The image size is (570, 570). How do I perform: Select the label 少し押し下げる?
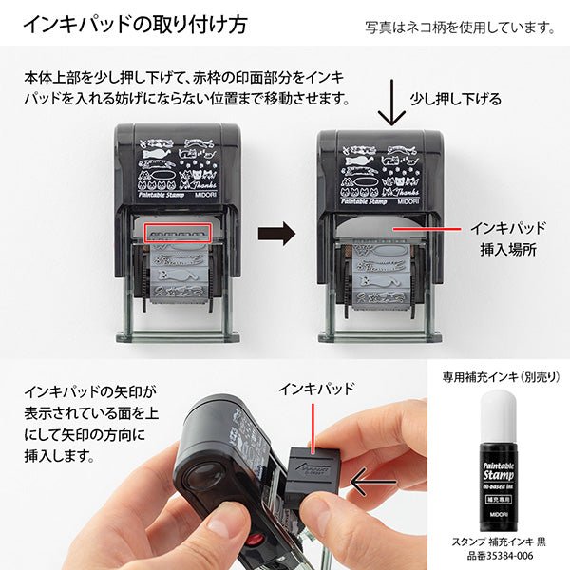455,98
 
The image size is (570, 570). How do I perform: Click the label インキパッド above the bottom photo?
316,389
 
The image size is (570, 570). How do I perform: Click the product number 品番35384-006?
498,558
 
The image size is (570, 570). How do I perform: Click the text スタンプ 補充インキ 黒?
498,541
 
